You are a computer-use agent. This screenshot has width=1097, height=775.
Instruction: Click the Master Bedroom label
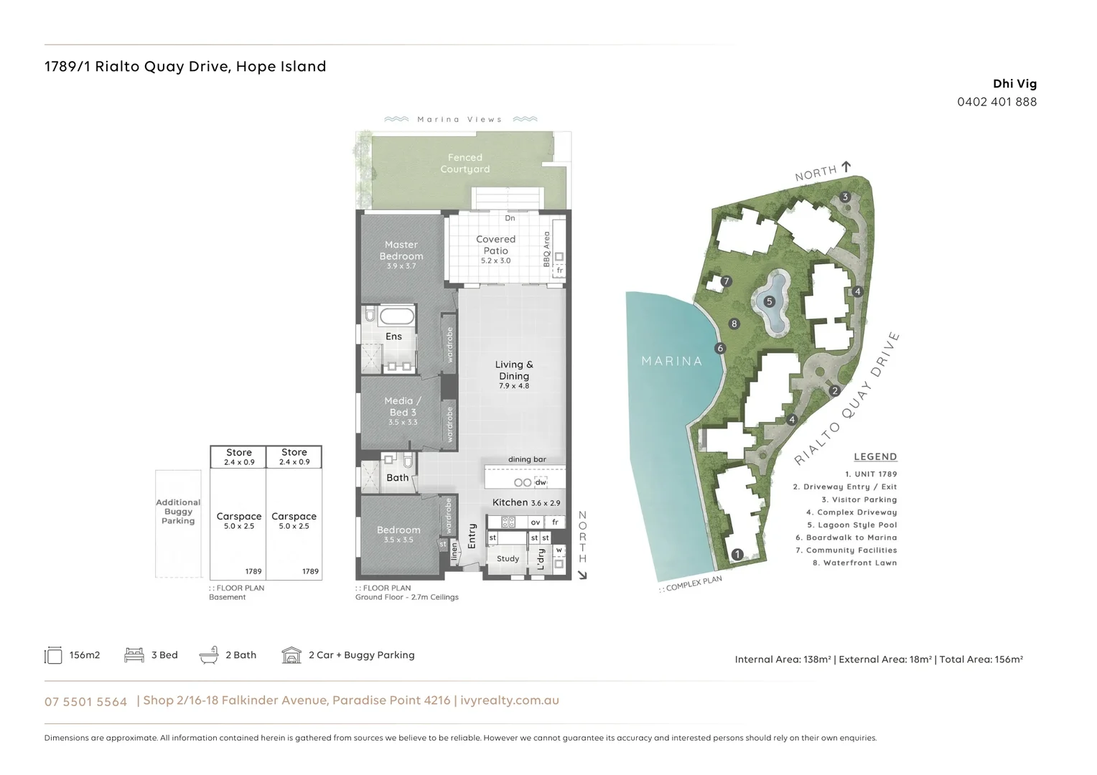pos(401,250)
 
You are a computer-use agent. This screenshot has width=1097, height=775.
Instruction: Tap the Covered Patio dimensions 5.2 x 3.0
pos(495,261)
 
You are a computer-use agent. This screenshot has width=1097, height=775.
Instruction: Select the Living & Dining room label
pos(514,370)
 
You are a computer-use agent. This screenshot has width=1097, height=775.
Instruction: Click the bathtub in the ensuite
pos(396,316)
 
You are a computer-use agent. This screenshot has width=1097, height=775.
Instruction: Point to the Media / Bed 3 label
pos(403,407)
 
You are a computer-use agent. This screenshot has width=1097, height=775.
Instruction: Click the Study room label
pos(508,559)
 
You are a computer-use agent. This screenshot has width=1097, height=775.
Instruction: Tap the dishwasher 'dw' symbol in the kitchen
pos(541,482)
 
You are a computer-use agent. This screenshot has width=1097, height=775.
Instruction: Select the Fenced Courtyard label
pos(465,164)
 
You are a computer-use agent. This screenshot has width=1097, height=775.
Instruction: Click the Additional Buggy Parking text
pos(178,512)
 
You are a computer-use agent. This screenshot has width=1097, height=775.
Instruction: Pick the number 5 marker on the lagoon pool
pos(769,301)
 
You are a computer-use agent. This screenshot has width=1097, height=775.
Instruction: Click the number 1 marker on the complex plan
pos(737,554)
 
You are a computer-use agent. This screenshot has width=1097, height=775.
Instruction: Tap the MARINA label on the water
pos(671,361)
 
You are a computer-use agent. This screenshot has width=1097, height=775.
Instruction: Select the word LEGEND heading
pos(875,457)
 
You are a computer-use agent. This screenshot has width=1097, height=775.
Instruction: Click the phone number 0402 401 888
pos(996,102)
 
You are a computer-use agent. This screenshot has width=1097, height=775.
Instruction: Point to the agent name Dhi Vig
pos(1014,84)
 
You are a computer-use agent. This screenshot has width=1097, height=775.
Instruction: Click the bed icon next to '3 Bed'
pos(134,655)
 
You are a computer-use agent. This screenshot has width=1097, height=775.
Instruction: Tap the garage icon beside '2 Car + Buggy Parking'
pos(291,655)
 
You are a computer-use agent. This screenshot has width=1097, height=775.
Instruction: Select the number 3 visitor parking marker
pos(845,197)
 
